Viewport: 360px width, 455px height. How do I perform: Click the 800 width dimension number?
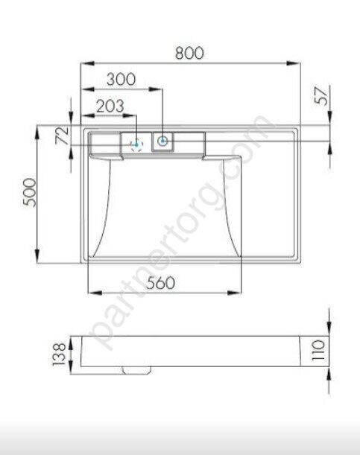click(189, 53)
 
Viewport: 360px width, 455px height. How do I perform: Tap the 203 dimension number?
click(110, 106)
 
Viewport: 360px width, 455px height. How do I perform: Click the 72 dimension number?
click(63, 135)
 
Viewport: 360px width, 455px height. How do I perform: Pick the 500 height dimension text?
click(26, 194)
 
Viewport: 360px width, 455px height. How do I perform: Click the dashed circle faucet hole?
click(136, 144)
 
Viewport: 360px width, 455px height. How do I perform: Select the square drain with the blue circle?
click(162, 140)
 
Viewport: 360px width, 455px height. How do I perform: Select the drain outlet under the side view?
click(136, 369)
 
